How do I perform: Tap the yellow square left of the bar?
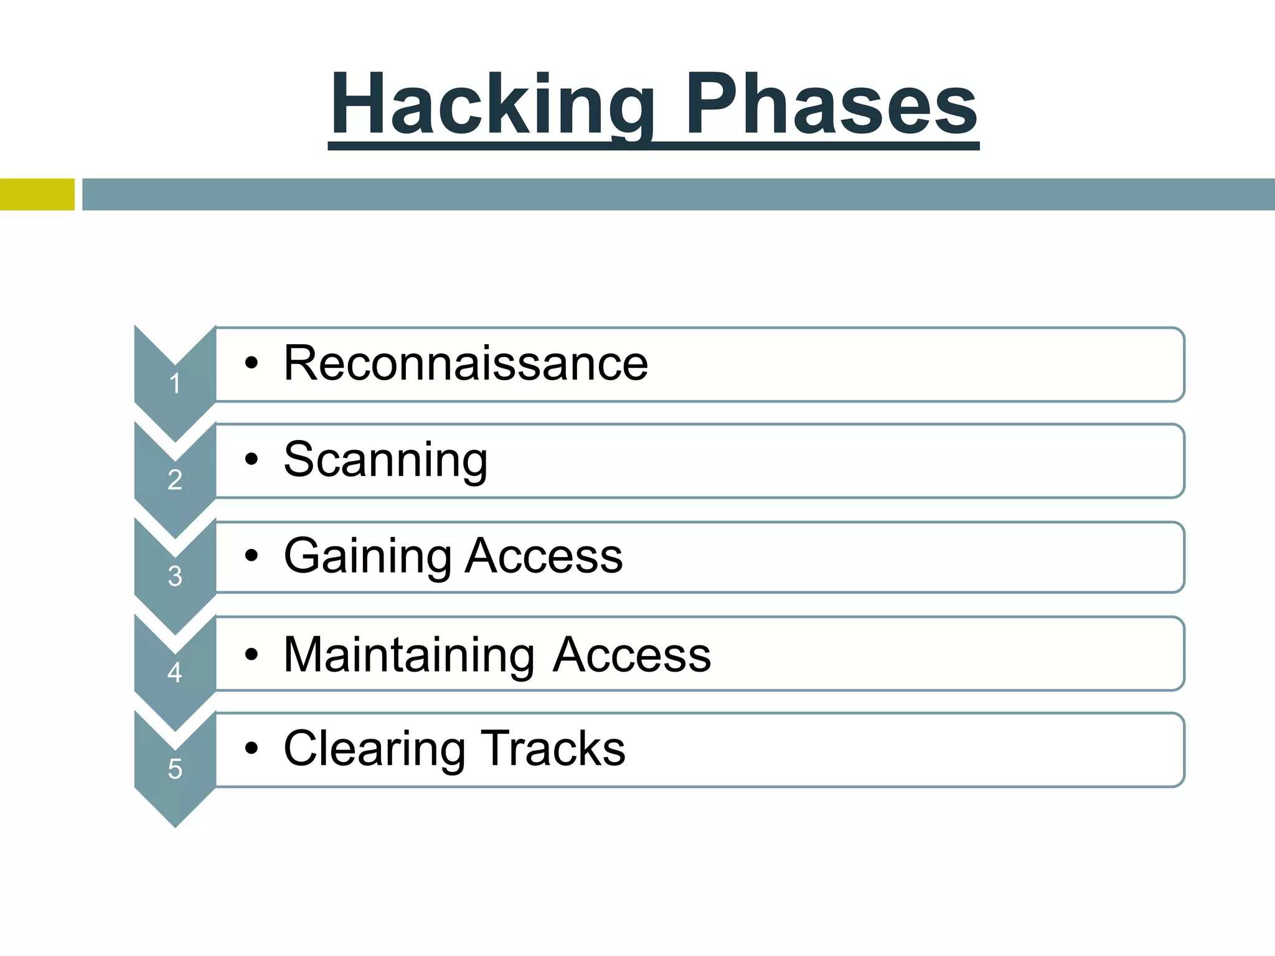(x=37, y=194)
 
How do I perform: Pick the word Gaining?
(x=367, y=555)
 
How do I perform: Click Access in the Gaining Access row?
(x=544, y=555)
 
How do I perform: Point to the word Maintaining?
(x=408, y=655)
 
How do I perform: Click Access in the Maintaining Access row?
(x=631, y=655)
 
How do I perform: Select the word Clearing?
(x=374, y=748)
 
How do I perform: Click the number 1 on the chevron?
(x=175, y=383)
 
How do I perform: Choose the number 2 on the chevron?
(x=175, y=480)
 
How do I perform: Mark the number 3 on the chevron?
(x=175, y=576)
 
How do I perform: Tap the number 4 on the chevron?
(x=175, y=673)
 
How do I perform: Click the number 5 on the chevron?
(x=175, y=769)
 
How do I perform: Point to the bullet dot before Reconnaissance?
(x=251, y=363)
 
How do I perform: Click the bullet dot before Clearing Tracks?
(x=251, y=749)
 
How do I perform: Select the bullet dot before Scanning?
(x=251, y=460)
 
